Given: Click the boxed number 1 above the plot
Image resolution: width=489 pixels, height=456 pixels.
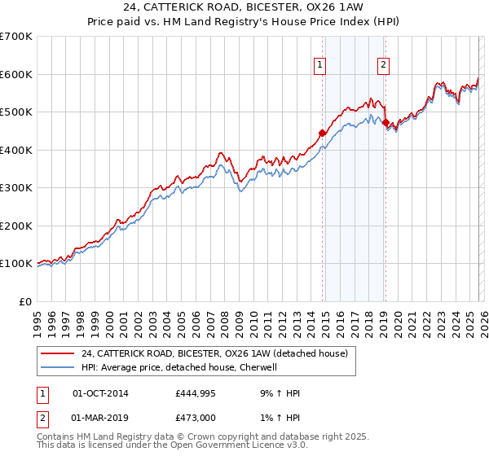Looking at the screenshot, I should pyautogui.click(x=319, y=67).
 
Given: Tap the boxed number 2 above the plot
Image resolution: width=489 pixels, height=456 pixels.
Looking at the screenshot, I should pyautogui.click(x=383, y=67).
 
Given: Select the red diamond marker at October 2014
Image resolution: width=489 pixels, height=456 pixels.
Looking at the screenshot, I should pyautogui.click(x=322, y=133).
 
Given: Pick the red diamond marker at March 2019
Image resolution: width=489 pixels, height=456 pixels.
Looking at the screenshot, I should pyautogui.click(x=385, y=123).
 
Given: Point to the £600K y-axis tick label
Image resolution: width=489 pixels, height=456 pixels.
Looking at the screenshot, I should pyautogui.click(x=16, y=74).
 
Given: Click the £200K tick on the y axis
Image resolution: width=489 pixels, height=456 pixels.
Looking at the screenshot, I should pyautogui.click(x=16, y=226).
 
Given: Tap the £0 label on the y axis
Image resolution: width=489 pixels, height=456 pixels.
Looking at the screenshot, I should pyautogui.click(x=24, y=301).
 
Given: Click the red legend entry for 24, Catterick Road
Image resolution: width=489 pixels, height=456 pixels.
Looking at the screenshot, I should pyautogui.click(x=214, y=353).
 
